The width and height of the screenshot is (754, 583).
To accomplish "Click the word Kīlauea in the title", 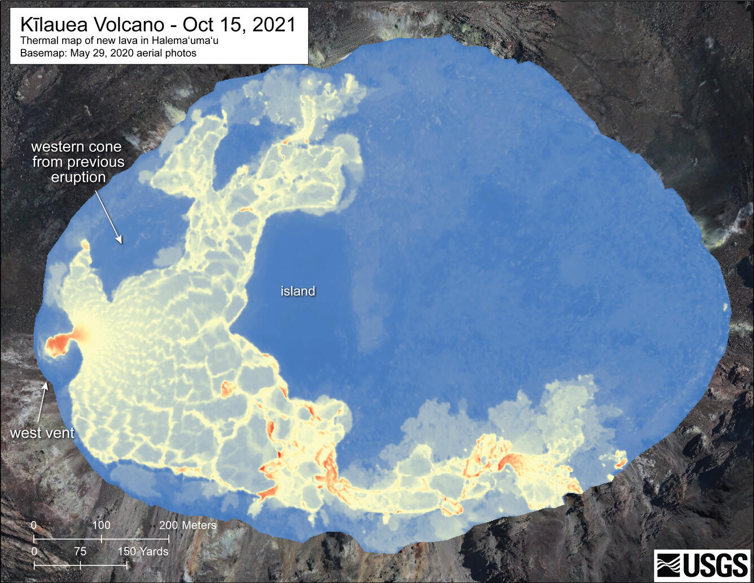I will (x=52, y=24).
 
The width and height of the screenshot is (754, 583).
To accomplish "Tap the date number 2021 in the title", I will (x=274, y=24).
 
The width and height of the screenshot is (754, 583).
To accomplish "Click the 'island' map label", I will (x=297, y=291).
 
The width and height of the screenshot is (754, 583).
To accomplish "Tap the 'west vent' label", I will (x=42, y=433).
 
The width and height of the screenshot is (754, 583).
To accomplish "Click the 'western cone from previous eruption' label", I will (x=77, y=162).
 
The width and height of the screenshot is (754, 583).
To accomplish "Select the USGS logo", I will (x=702, y=564).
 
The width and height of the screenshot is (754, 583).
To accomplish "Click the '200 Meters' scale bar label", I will (x=187, y=525).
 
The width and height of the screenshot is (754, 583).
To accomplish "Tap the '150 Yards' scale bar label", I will (x=143, y=551).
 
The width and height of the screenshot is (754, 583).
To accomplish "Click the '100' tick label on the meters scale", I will (x=101, y=525).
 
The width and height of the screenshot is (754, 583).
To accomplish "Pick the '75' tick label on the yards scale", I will (x=80, y=551).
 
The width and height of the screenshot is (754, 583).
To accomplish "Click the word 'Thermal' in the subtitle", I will (x=38, y=41).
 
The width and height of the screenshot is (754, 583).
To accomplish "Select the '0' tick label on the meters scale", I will (x=34, y=525).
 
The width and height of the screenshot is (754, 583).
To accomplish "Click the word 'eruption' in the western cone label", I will (x=78, y=177).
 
